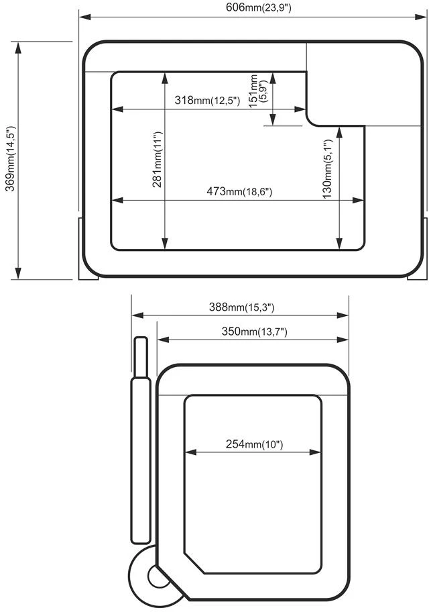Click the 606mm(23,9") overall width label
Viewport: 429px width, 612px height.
258,7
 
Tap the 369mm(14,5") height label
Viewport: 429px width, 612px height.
10,158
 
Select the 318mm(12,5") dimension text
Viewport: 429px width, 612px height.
207,100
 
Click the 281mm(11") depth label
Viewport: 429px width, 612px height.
157,159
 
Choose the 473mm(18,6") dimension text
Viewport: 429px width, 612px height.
239,191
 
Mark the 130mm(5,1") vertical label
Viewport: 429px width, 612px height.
328,169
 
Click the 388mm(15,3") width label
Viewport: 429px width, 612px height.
242,307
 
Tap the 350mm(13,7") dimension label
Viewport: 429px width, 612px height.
254,331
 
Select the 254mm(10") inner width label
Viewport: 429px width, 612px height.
254,444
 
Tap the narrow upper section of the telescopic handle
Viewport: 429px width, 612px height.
141,357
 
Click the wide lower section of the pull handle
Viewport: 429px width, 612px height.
140,460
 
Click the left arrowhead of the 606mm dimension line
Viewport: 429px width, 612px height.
85,17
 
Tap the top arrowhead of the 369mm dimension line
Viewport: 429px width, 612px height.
18,48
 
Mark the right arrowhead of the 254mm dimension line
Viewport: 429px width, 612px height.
315,452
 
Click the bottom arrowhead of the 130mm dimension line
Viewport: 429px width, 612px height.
339,244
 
